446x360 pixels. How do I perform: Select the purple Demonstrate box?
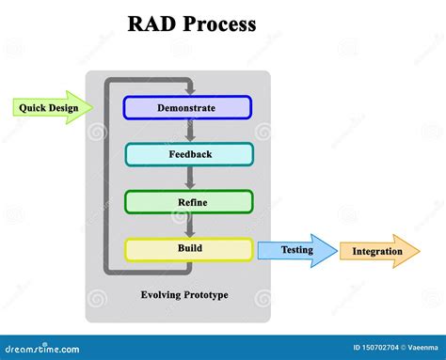188,107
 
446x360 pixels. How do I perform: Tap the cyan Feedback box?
188,154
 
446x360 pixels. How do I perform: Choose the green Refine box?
188,202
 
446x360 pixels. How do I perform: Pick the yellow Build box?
188,249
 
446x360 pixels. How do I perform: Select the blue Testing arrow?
296,251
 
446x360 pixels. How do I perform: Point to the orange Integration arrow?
378,251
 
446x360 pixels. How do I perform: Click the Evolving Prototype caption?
184,295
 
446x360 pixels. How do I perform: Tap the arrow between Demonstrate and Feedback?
189,131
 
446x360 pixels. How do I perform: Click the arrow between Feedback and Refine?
189,178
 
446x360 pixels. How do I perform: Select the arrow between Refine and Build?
189,226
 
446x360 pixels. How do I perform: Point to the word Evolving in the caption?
159,295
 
